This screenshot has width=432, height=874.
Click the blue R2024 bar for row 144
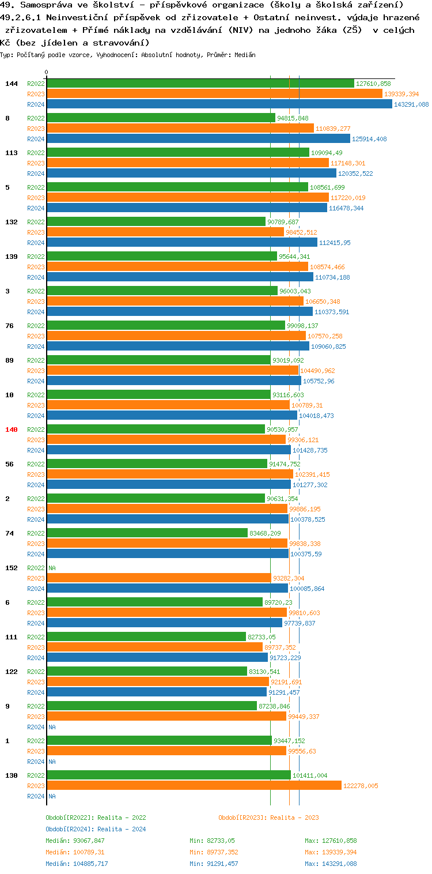point(219,104)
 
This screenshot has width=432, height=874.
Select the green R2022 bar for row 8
point(161,118)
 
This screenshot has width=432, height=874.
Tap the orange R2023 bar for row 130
point(194,786)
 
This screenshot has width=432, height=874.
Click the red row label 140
point(12,430)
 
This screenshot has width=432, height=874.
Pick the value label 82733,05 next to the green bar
point(262,637)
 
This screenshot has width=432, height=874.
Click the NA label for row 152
point(52,568)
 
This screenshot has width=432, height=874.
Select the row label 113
point(12,153)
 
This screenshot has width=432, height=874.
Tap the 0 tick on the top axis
point(47,73)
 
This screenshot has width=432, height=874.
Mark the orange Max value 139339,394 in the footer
point(331,852)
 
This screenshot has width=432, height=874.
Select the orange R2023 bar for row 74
point(166,544)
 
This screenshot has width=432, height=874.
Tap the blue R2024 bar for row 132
point(181,243)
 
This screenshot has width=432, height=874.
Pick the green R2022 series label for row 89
point(36,360)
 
